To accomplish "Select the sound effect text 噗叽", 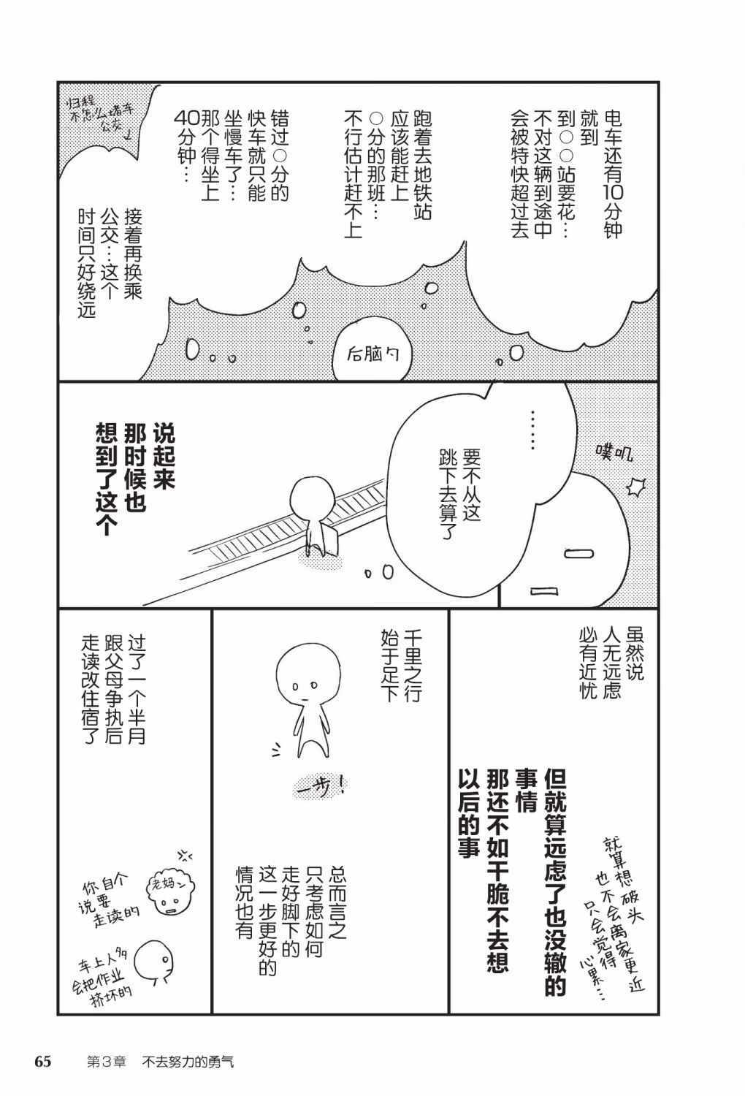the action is coord(614,454).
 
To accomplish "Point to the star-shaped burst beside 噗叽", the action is coord(636,487).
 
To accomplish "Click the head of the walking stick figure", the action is coord(308,671).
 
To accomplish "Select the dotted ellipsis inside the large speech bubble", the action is coord(532,429).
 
